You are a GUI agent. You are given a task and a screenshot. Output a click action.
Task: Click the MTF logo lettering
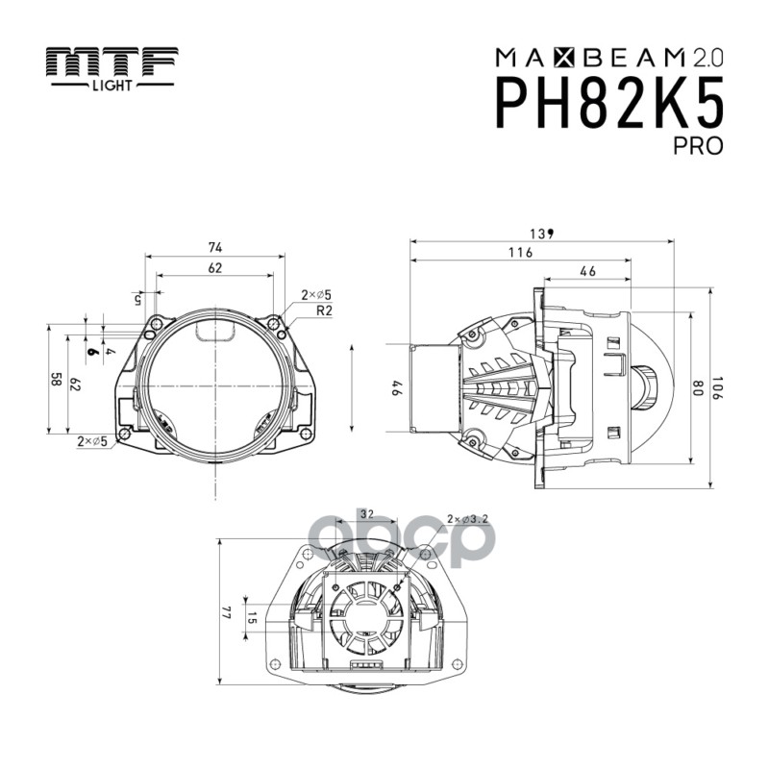pos(112,63)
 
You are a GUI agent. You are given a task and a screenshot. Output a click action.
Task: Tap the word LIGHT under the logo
pos(112,85)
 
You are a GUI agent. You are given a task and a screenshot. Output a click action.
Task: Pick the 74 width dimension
pos(214,247)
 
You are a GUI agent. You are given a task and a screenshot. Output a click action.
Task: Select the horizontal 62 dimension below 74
pos(214,268)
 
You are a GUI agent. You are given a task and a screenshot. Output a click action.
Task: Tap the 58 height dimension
pos(57,381)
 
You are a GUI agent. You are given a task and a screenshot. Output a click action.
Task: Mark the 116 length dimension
pos(520,252)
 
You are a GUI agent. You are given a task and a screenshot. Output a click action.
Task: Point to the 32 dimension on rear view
pos(367,514)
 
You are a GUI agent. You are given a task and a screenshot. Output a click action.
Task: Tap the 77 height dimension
pos(228,611)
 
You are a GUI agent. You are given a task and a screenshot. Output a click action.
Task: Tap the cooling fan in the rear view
pos(363,620)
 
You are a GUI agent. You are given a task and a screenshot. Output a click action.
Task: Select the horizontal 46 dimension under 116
pos(588,272)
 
